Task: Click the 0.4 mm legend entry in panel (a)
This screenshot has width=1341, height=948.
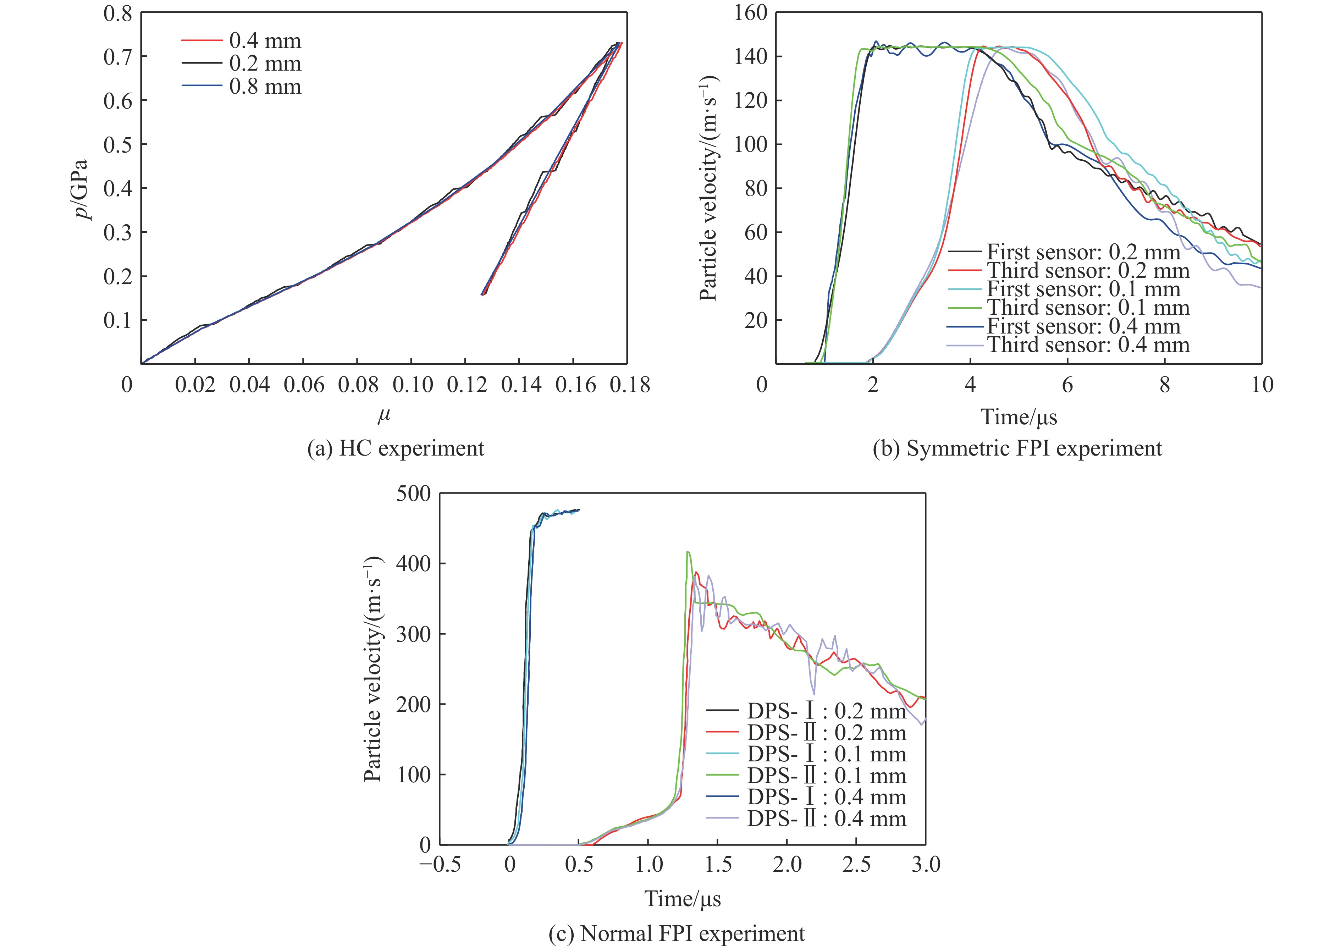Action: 265,41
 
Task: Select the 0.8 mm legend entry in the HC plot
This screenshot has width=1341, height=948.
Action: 265,87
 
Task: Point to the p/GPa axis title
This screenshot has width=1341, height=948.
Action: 85,189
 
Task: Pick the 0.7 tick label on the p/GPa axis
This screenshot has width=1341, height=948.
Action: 117,57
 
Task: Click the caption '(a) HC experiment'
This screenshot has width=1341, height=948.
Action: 396,448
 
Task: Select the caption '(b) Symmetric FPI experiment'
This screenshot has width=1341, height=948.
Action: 1017,448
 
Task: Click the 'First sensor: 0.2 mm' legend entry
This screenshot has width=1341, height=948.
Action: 1083,252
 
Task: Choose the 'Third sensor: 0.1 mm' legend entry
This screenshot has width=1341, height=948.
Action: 1087,307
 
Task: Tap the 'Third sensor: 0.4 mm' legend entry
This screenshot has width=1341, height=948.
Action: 1087,345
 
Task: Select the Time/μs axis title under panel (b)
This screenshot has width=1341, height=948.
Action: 1019,417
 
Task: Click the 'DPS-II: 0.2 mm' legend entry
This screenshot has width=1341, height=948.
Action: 826,733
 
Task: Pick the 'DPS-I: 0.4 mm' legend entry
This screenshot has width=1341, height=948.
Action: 826,797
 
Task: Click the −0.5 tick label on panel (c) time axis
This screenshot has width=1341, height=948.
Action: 440,865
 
